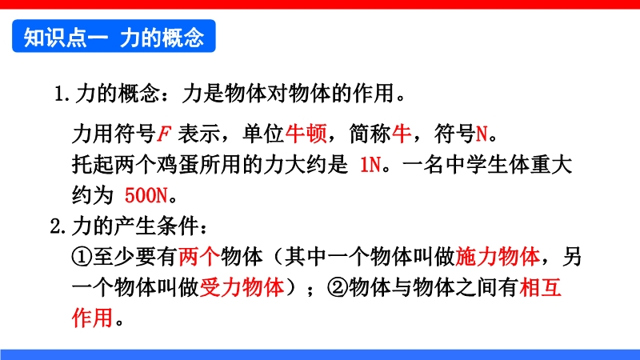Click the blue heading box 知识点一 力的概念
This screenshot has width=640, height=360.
[x=114, y=36]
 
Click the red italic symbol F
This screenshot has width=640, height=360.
[x=164, y=134]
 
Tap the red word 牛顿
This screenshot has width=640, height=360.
[x=306, y=134]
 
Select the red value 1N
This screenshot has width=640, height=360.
[x=370, y=165]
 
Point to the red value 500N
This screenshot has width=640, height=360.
[x=146, y=195]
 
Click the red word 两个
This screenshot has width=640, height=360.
[x=199, y=257]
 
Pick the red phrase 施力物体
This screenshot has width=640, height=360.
[x=497, y=257]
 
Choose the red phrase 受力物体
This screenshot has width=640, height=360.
[x=242, y=287]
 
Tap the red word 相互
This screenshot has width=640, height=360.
[x=541, y=287]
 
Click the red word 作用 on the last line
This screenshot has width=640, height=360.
[x=93, y=318]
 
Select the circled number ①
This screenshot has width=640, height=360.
[x=82, y=257]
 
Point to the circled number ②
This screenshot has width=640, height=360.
[x=338, y=287]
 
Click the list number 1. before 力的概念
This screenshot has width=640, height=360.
[x=62, y=94]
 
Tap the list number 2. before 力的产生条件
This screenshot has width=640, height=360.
[x=58, y=226]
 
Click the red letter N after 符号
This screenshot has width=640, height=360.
[x=482, y=134]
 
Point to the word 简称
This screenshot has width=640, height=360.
[x=370, y=134]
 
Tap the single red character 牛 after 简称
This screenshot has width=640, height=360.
[x=402, y=134]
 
